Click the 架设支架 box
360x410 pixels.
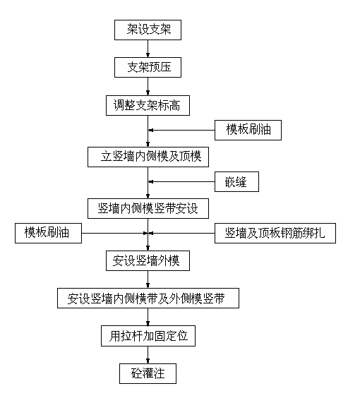click(x=148, y=30)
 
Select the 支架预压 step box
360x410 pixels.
click(x=148, y=67)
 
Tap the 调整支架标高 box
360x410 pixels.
click(x=148, y=105)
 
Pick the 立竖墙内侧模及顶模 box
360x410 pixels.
click(x=148, y=157)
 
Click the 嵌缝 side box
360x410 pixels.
click(x=236, y=182)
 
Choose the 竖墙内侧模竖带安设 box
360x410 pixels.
click(x=148, y=208)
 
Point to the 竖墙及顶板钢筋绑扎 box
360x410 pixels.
click(x=275, y=234)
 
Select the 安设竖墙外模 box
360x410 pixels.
click(x=148, y=260)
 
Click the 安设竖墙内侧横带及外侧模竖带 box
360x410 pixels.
click(x=148, y=298)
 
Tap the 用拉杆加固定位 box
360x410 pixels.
click(x=148, y=336)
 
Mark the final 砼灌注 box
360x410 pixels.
click(x=148, y=373)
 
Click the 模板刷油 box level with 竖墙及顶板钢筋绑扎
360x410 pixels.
click(x=49, y=234)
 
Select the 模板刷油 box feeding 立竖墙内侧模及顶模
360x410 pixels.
click(x=248, y=131)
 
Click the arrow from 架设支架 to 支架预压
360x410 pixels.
click(x=148, y=49)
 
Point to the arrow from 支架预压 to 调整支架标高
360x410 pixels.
click(x=148, y=86)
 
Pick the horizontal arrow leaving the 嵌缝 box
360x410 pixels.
click(x=181, y=182)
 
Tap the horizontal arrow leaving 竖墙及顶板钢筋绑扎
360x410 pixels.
click(x=181, y=234)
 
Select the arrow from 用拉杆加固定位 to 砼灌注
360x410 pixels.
click(x=148, y=355)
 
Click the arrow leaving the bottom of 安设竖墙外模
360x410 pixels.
click(x=148, y=279)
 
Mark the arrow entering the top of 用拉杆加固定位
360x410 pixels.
click(x=148, y=317)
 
